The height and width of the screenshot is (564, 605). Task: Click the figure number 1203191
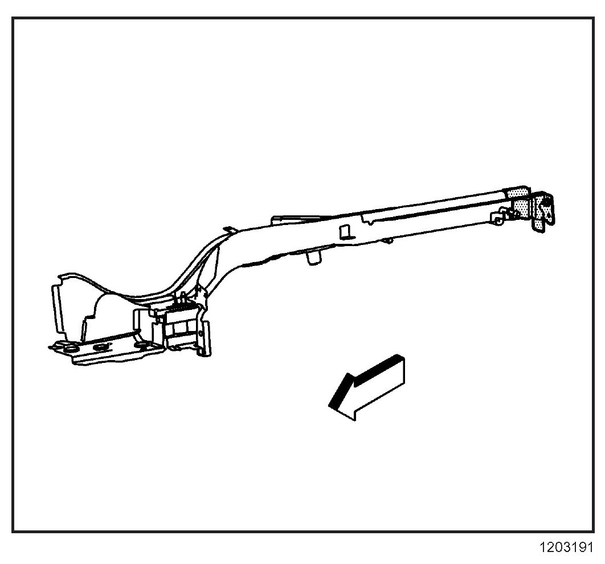566,547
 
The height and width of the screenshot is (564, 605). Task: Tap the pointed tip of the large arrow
331,405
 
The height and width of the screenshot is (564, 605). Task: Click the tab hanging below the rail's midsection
312,257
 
